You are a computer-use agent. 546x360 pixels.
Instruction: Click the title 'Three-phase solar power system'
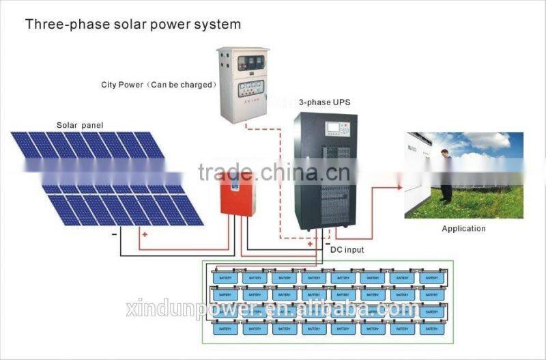tap(133, 25)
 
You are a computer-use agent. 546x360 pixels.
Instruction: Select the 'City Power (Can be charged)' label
tap(158, 85)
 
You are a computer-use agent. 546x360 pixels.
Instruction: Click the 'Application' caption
tap(463, 228)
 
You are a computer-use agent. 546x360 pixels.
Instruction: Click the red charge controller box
tap(237, 193)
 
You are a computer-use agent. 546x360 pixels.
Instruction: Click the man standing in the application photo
tap(445, 176)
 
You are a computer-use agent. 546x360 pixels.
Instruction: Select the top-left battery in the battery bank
tap(225, 277)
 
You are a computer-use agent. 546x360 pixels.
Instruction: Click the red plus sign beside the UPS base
tap(311, 244)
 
